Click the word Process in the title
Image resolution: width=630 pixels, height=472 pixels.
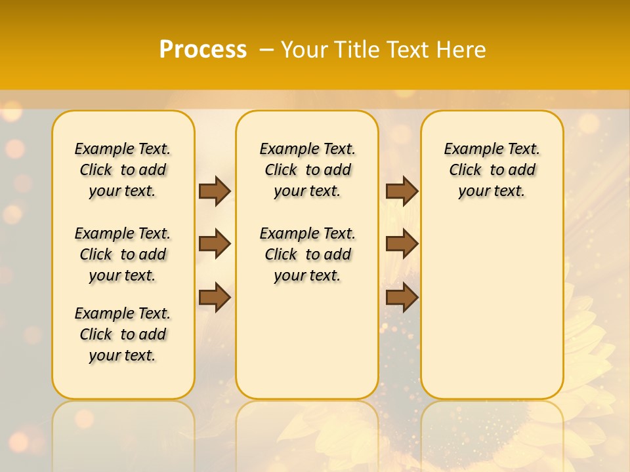pos(203,50)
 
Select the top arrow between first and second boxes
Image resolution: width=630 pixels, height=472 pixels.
pos(215,191)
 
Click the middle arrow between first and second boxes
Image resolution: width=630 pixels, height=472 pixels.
pos(215,245)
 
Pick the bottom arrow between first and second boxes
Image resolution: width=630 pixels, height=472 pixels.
pos(215,297)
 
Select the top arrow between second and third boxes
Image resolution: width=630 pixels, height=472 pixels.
pos(402,191)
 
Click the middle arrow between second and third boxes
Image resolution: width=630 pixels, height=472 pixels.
pos(402,245)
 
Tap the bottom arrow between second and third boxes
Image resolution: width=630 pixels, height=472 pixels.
pos(402,297)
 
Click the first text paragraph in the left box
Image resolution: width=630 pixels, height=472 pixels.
pos(123,170)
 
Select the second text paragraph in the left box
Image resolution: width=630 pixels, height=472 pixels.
pos(123,254)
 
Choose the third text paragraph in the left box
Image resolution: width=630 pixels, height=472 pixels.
pos(123,334)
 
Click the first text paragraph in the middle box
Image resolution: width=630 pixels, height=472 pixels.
pos(307,170)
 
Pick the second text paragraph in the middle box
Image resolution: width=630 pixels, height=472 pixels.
pos(307,254)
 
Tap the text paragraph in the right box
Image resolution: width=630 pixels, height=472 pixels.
pos(492,170)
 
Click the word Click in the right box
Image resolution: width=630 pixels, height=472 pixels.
pos(465,170)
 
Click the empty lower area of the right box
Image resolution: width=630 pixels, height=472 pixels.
pos(492,315)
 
